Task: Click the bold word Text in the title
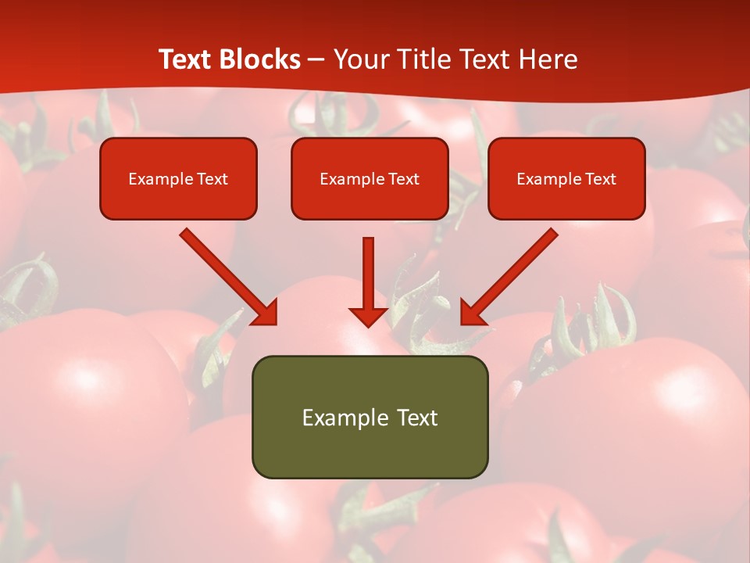tap(184, 59)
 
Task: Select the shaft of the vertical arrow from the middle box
tap(368, 270)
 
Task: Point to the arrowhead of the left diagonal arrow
tap(266, 313)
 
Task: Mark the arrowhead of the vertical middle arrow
tap(368, 316)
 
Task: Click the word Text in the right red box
tap(601, 179)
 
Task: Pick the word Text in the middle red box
tap(404, 179)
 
